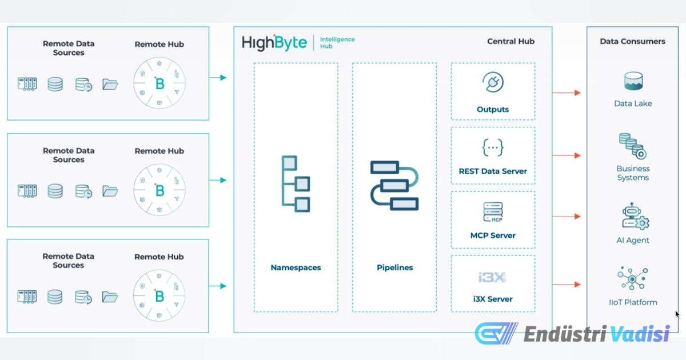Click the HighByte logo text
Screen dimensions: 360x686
(x=274, y=43)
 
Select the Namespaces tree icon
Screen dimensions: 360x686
(x=296, y=183)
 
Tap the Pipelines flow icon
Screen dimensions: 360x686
(x=394, y=185)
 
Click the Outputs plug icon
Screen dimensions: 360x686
(x=492, y=83)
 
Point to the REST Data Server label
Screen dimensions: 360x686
(x=493, y=171)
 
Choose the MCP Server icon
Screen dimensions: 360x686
(x=492, y=213)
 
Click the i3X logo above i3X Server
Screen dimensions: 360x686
(x=492, y=278)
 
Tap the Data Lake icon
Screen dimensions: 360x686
(x=633, y=82)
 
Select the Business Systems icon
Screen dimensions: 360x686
(x=632, y=146)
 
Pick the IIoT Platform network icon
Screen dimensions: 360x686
(x=632, y=279)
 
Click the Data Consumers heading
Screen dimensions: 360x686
(x=632, y=41)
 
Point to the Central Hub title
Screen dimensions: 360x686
(x=510, y=41)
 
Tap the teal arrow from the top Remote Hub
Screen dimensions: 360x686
(x=218, y=78)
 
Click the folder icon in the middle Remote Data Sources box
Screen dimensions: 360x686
(x=110, y=191)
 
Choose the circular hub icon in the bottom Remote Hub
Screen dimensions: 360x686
(x=159, y=297)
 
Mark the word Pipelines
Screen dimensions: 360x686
(x=394, y=267)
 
